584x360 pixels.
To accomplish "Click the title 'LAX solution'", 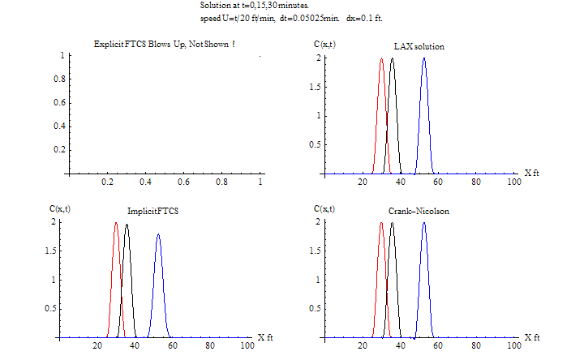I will point(419,46).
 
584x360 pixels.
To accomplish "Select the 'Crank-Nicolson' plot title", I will point(419,211).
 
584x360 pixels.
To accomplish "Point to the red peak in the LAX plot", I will point(381,60).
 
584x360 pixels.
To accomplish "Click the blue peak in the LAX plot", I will point(423,60).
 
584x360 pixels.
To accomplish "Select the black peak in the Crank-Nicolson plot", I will point(392,225).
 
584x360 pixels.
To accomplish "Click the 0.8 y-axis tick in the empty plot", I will point(58,79).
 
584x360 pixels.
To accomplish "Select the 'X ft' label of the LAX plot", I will point(531,173).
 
